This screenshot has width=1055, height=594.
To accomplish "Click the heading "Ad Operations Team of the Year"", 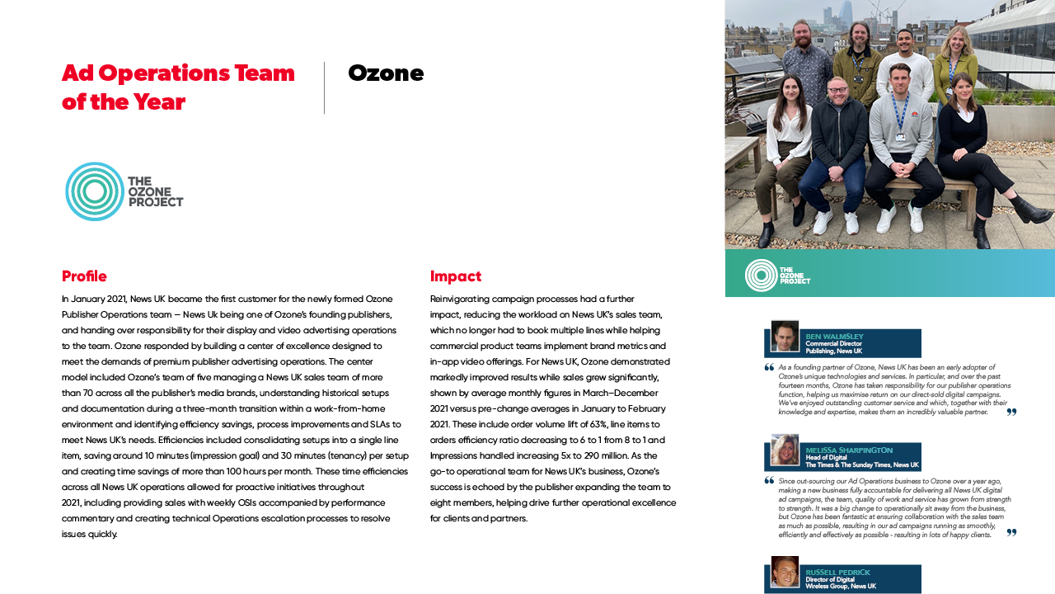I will click(178, 87).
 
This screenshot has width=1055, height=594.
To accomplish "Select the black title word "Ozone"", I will click(386, 73).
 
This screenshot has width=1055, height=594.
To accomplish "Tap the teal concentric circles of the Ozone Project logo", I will click(95, 191).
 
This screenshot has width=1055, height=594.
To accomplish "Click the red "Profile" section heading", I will click(84, 276).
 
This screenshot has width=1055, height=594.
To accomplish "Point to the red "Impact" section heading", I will click(456, 276).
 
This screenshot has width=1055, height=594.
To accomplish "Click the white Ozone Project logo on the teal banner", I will click(777, 275).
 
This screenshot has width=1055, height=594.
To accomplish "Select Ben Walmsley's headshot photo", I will click(785, 336).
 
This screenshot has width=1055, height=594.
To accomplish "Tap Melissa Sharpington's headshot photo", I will click(785, 450).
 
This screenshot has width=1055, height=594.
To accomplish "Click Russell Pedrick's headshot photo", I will click(785, 572).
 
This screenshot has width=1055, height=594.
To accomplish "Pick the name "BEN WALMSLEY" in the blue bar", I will click(834, 337).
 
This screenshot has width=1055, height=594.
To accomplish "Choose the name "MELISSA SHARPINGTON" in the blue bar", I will click(849, 450).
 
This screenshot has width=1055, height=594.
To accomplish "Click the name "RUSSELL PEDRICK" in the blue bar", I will click(837, 573).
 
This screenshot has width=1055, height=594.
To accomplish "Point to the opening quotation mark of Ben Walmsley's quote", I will click(769, 368).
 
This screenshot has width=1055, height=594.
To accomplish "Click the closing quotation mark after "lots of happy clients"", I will click(1011, 533).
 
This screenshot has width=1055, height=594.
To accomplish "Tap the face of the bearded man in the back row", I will click(801, 35).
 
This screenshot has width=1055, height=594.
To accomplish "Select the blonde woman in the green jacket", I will click(959, 45).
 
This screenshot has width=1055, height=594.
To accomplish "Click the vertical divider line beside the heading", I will click(325, 87).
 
